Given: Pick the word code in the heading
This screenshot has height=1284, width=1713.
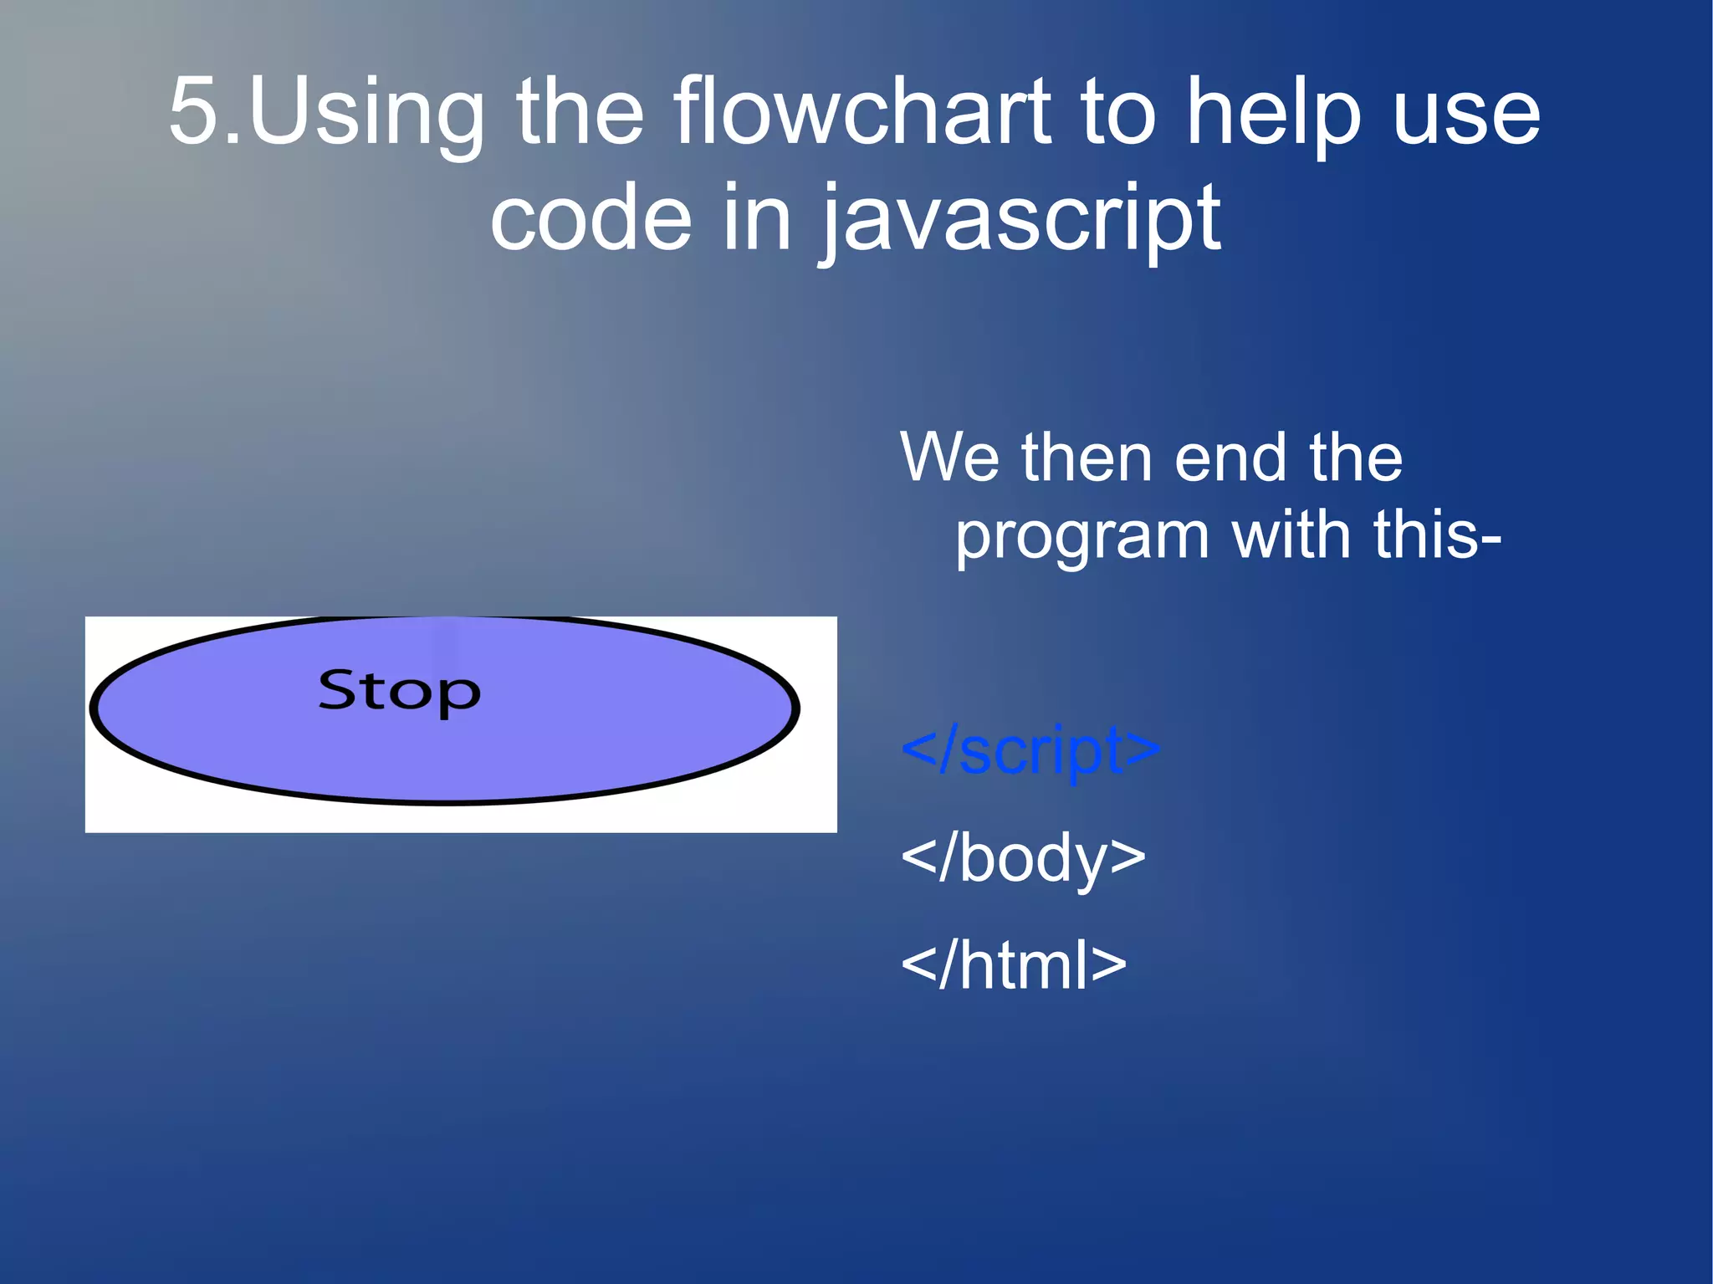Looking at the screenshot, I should point(591,219).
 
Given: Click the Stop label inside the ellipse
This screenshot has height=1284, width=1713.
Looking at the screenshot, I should point(399,692).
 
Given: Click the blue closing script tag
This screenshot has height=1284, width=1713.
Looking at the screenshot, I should point(1030,749).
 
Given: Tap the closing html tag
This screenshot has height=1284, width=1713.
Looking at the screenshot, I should point(1013,965).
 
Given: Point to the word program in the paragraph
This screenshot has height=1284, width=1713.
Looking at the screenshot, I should point(1081,538).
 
